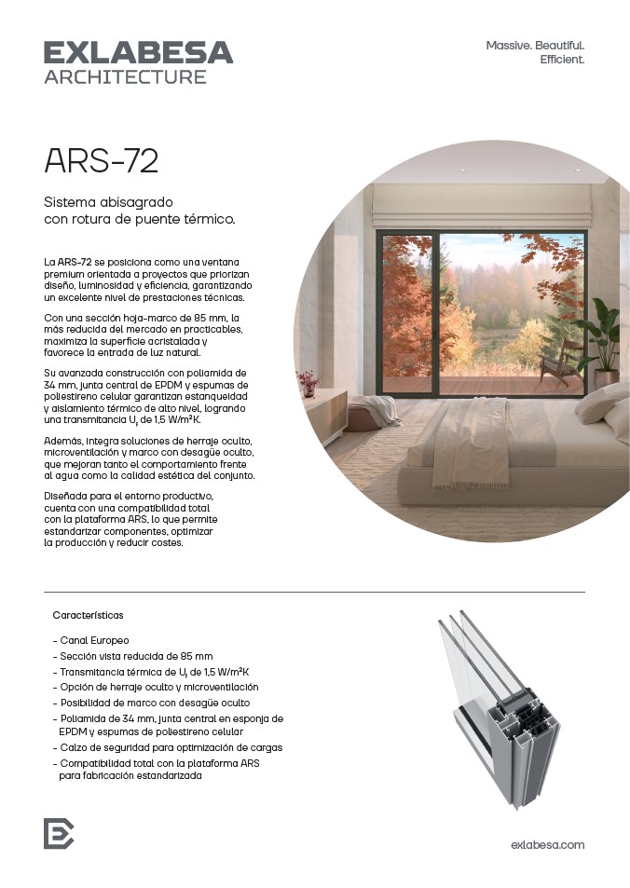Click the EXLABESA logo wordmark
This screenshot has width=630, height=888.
pos(138,52)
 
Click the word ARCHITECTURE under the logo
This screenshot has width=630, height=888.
pos(125,77)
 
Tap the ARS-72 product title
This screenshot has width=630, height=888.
pos(101,161)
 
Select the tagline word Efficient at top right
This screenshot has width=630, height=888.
pos(562,60)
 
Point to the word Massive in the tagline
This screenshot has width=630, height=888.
pos(509,45)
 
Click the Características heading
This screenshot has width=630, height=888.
pos(89,616)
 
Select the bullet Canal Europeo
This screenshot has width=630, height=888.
pos(94,641)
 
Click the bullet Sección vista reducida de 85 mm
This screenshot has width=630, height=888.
pos(136,656)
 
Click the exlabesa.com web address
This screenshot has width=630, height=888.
pos(548,844)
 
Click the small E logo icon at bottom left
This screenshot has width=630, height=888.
pos(58,832)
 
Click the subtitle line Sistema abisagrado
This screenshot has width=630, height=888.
pos(109,202)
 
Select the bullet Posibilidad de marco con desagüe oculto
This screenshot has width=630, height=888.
pos(155,703)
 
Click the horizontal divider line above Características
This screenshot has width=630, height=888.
pos(314,592)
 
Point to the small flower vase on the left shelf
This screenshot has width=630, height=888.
pos(308,380)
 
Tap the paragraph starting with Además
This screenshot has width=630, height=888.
pos(149,458)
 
